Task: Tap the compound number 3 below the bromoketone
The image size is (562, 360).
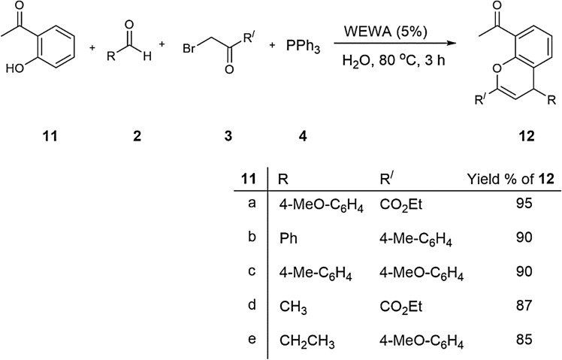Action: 228,135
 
